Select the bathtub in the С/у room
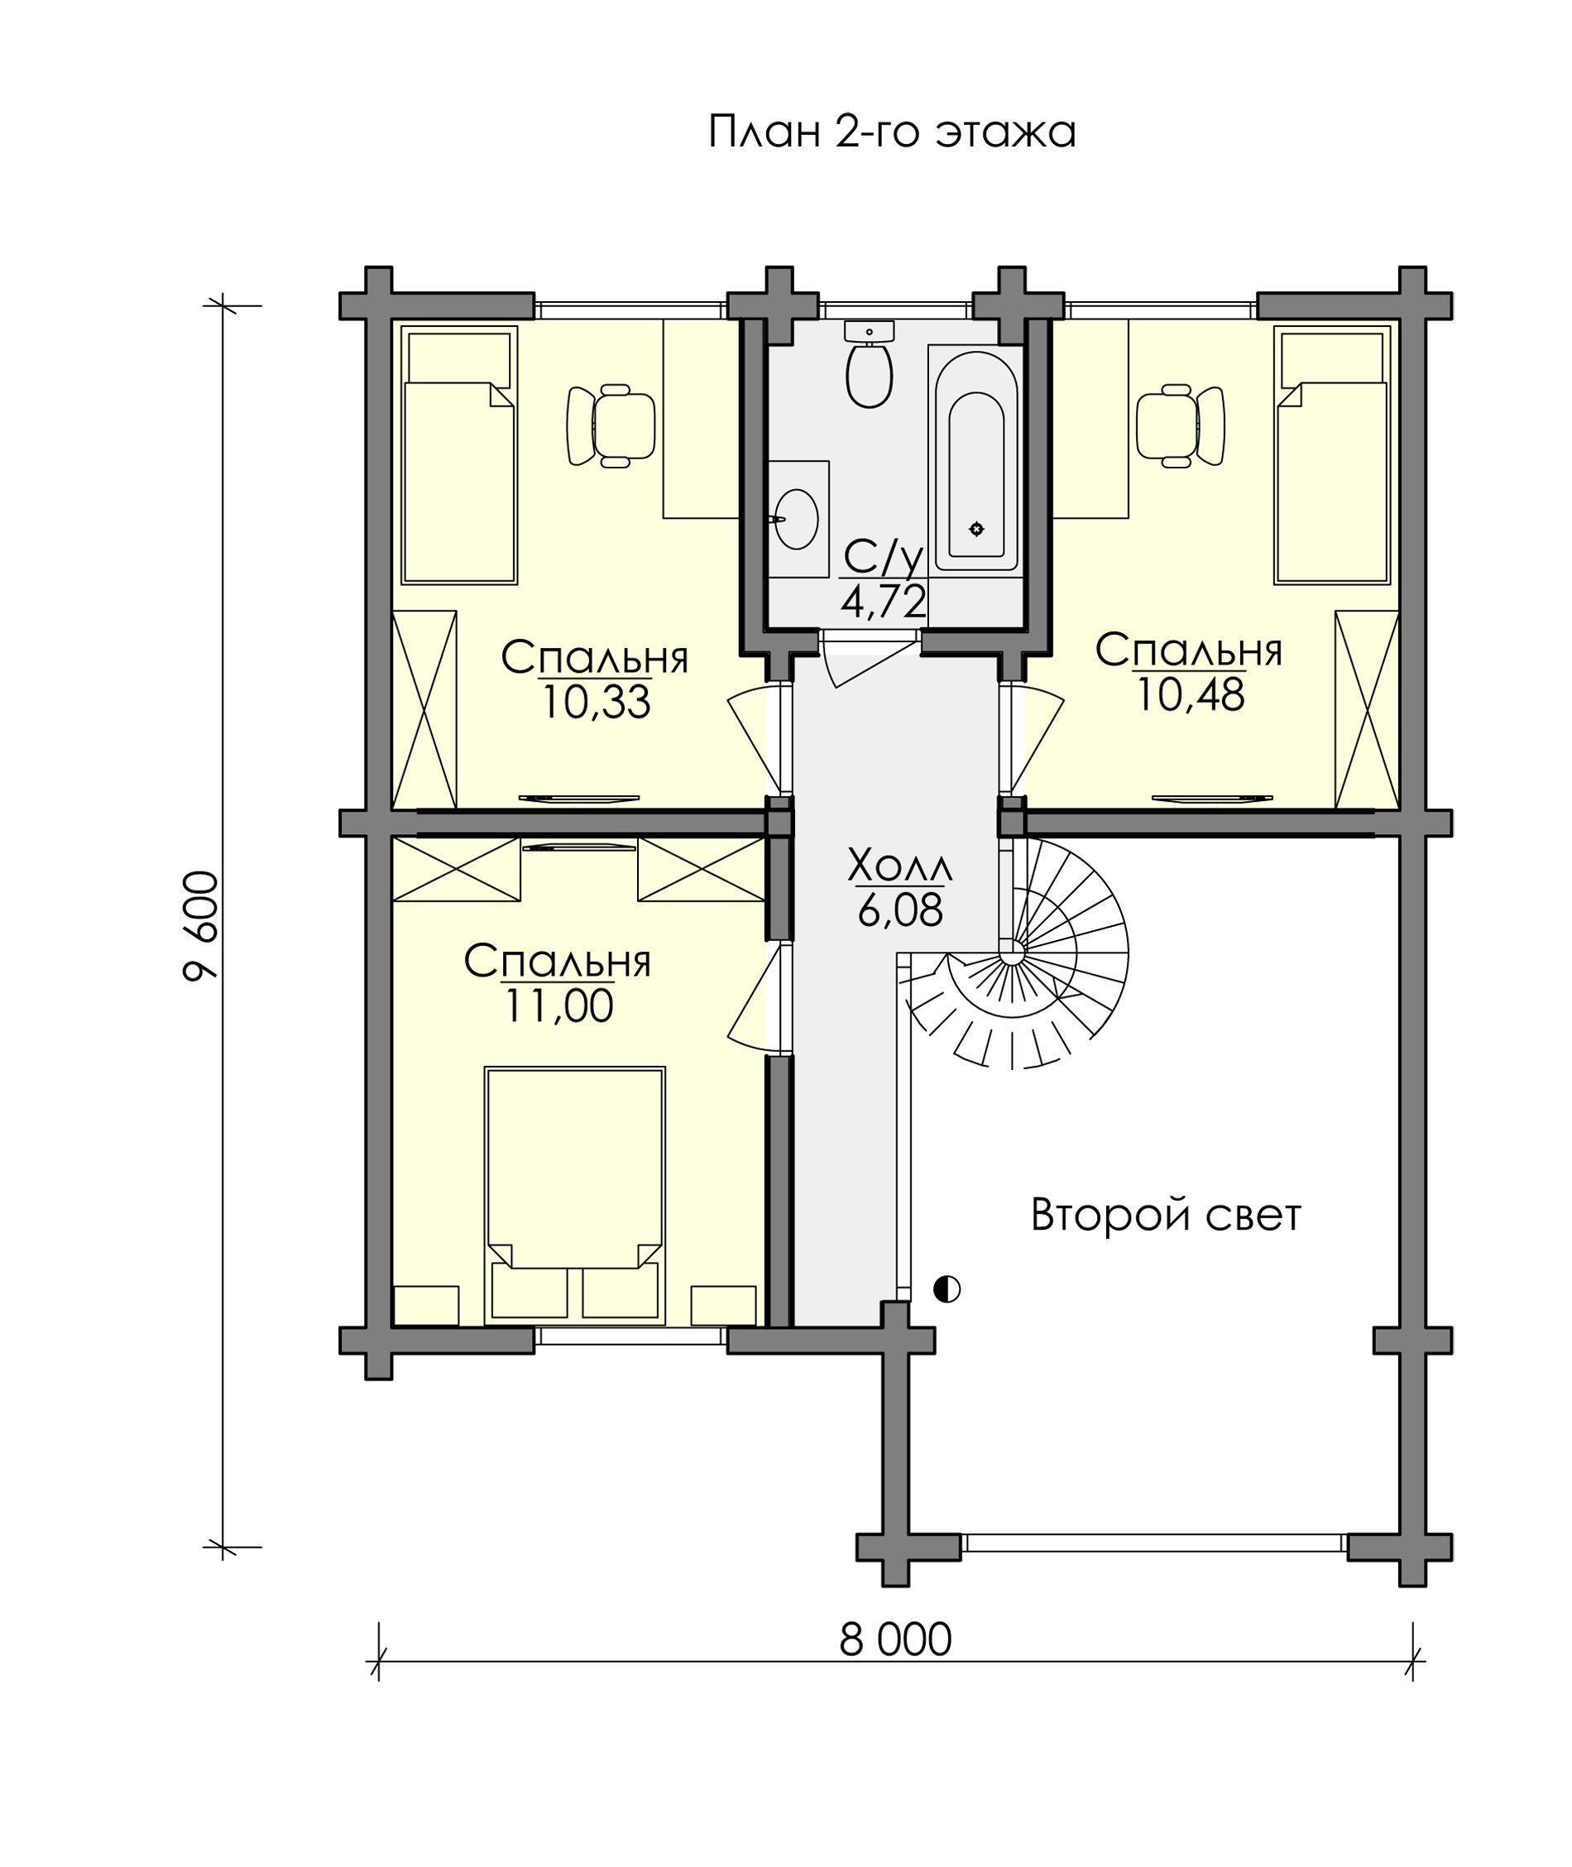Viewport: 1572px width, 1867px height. [975, 459]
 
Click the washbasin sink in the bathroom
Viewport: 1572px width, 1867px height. [796, 519]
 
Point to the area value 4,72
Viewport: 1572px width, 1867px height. [883, 602]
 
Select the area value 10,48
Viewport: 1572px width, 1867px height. [1190, 694]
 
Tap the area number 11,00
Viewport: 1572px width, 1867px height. [558, 1006]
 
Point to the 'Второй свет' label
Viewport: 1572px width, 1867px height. [1166, 1215]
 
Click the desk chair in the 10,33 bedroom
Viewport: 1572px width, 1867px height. [611, 425]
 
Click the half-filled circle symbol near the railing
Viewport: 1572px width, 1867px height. [947, 1289]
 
